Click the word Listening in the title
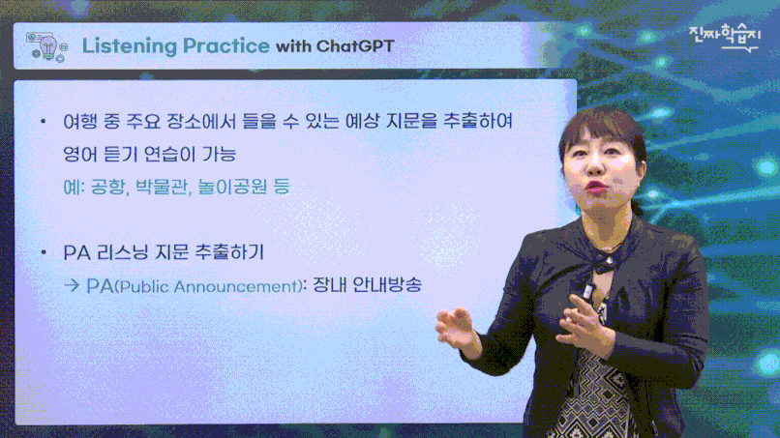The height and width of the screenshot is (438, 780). click(130, 46)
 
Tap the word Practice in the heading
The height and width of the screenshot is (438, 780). click(226, 45)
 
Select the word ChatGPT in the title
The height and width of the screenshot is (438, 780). click(355, 46)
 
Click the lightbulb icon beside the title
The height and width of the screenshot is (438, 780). click(47, 47)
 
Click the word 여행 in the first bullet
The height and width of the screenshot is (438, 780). click(80, 121)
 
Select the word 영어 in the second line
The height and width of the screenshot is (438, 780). click(80, 154)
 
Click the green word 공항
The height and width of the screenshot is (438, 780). click(109, 187)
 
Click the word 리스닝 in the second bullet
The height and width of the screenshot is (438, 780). click(122, 252)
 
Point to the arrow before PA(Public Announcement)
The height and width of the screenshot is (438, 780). click(72, 285)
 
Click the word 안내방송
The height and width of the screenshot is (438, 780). click(387, 285)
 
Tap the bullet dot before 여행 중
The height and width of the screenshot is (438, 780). click(44, 121)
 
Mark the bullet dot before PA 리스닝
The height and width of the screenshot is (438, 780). click(44, 252)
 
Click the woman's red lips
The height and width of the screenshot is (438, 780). click(596, 187)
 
